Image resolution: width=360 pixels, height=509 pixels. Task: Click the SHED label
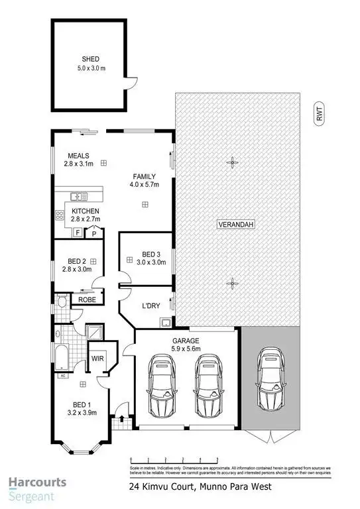click(90, 58)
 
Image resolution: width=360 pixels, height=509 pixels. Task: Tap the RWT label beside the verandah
click(318, 115)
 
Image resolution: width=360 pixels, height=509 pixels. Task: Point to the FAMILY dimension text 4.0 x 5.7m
click(144, 186)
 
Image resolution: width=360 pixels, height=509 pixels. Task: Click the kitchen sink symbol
click(78, 196)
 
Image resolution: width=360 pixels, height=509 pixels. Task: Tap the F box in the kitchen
click(78, 233)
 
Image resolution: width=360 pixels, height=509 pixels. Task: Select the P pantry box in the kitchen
click(94, 233)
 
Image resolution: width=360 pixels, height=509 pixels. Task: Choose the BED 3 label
click(152, 254)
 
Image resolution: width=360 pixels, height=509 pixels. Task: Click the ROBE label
click(87, 299)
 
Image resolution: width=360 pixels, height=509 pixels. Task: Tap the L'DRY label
click(152, 307)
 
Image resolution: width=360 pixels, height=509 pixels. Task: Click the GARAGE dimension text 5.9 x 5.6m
click(186, 349)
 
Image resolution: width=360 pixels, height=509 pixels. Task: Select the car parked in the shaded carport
click(271, 380)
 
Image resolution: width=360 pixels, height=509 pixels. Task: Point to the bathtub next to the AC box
click(61, 355)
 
